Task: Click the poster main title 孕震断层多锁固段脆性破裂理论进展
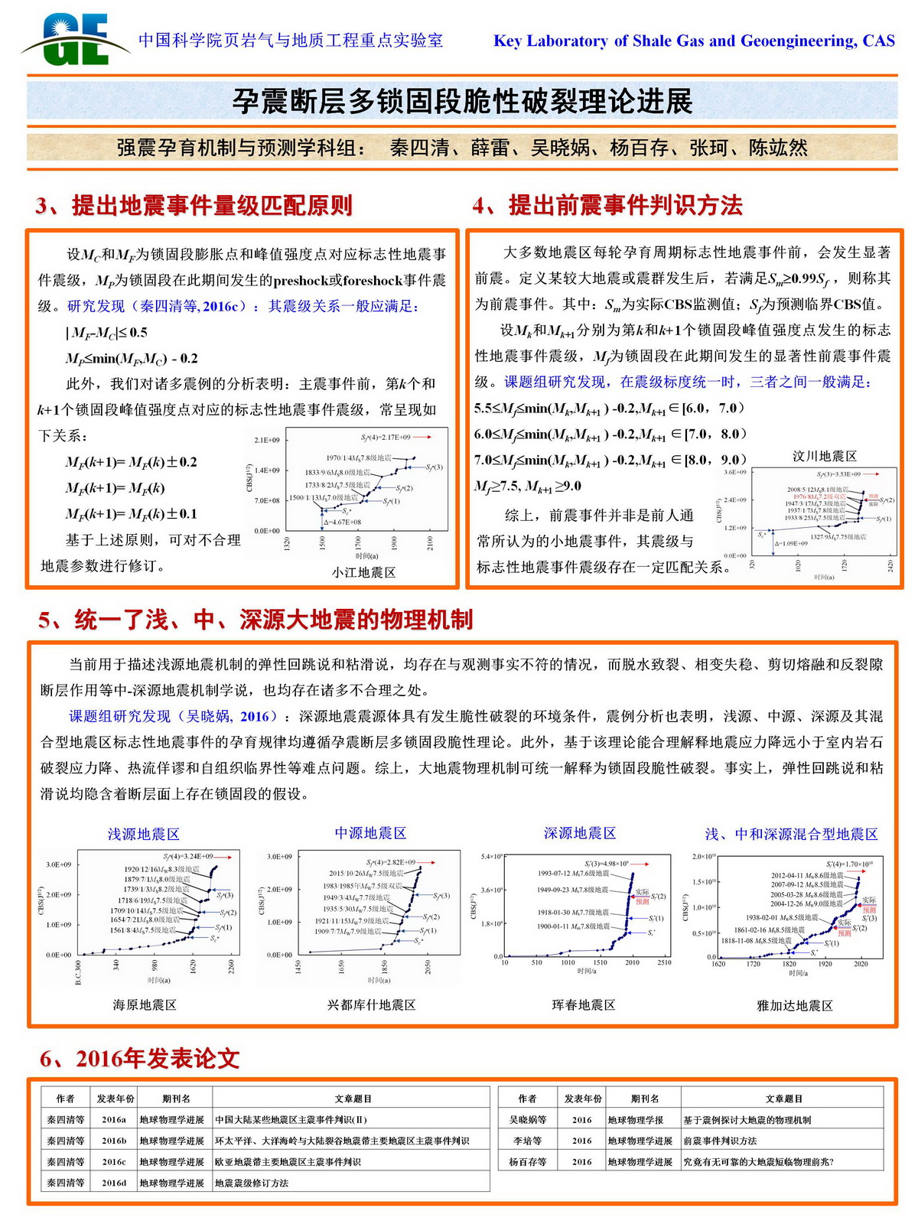pyautogui.click(x=462, y=101)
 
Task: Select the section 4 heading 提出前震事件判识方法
pyautogui.click(x=607, y=205)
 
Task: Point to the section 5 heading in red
pyautogui.click(x=256, y=620)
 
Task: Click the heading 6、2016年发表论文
pyautogui.click(x=140, y=1059)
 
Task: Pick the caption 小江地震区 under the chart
pyautogui.click(x=363, y=572)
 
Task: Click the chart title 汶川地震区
pyautogui.click(x=824, y=456)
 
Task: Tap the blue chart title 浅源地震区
pyautogui.click(x=143, y=834)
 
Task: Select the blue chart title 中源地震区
pyautogui.click(x=370, y=832)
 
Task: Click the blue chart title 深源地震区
pyautogui.click(x=580, y=832)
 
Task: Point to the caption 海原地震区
pyautogui.click(x=145, y=1004)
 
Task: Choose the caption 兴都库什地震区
pyautogui.click(x=371, y=1004)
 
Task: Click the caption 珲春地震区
pyautogui.click(x=583, y=1004)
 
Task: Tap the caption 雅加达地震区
pyautogui.click(x=794, y=1005)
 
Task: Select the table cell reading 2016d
pyautogui.click(x=114, y=1183)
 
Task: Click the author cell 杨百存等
pyautogui.click(x=527, y=1161)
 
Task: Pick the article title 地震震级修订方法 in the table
pyautogui.click(x=252, y=1183)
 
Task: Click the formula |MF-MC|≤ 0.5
pyautogui.click(x=107, y=333)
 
